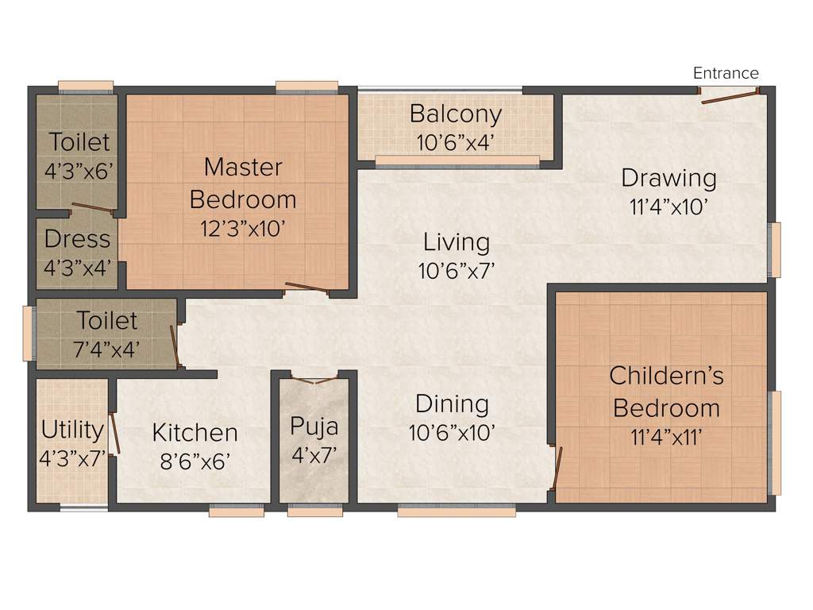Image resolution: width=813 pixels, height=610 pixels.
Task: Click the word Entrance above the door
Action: tap(726, 73)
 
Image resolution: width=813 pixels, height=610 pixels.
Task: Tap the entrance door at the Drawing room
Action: tap(728, 98)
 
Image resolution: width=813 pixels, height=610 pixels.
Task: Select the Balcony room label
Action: tap(456, 114)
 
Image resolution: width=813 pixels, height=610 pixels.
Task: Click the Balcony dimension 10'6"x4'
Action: tap(456, 143)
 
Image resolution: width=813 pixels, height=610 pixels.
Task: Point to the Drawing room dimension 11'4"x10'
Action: tap(669, 207)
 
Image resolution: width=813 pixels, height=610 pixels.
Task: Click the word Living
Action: tap(456, 241)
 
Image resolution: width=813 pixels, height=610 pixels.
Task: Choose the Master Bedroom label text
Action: tap(243, 183)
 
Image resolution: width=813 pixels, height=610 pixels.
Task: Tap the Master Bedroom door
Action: tap(306, 288)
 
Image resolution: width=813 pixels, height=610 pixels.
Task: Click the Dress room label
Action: tap(77, 238)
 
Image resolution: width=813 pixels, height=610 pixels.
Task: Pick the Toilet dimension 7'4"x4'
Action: tap(107, 349)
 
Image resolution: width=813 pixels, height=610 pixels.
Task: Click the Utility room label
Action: tap(72, 430)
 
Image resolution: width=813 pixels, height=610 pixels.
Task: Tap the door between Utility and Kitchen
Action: tap(115, 433)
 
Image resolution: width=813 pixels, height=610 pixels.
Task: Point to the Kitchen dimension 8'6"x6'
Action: tap(195, 461)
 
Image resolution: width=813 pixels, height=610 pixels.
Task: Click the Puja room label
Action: tap(314, 427)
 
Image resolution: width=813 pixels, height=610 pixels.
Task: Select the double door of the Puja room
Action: tap(314, 380)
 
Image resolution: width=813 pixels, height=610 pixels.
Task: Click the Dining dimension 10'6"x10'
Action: tap(453, 433)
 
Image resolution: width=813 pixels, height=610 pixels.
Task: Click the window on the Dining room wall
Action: tap(456, 512)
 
